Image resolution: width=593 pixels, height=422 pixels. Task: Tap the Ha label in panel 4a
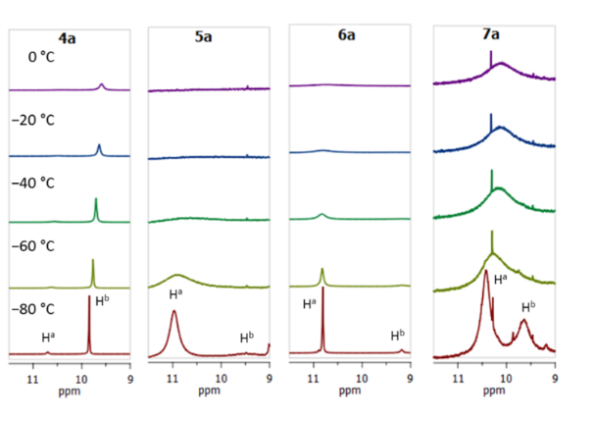(x=48, y=338)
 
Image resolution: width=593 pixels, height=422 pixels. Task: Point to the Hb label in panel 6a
(x=398, y=336)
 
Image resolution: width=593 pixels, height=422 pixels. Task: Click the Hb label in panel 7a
(x=527, y=305)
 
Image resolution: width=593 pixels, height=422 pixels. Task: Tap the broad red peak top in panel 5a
(x=174, y=312)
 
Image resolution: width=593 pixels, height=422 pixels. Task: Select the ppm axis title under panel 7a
(x=494, y=390)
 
